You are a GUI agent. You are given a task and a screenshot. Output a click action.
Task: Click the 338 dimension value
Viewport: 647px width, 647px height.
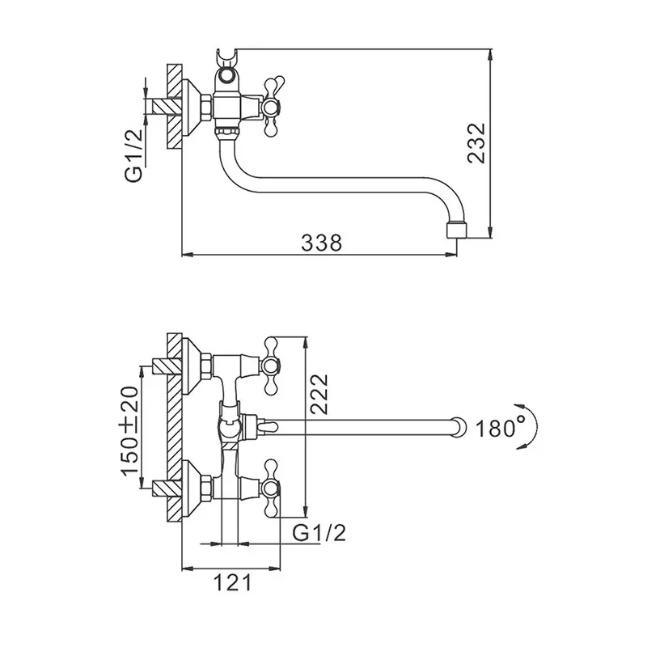pyautogui.click(x=321, y=243)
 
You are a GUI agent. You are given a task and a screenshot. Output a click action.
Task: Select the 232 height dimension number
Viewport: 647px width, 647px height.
pyautogui.click(x=476, y=143)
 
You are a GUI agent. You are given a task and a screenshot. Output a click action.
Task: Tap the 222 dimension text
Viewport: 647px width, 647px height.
pyautogui.click(x=319, y=393)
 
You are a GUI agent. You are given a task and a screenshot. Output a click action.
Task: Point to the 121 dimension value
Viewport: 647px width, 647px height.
pyautogui.click(x=232, y=584)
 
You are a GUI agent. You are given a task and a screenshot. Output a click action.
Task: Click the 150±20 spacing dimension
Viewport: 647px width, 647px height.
pyautogui.click(x=131, y=430)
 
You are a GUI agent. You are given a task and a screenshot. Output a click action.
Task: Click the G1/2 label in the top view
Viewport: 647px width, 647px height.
pyautogui.click(x=133, y=154)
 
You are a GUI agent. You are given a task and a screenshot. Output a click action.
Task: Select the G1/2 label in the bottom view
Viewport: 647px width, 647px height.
pyautogui.click(x=319, y=533)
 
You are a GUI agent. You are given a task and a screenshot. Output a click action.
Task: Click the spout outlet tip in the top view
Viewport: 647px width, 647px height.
pyautogui.click(x=457, y=230)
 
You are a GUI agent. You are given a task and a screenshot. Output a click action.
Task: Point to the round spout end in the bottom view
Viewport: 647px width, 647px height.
pyautogui.click(x=459, y=428)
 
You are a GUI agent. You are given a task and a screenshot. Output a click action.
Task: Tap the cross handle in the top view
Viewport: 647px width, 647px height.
pyautogui.click(x=273, y=107)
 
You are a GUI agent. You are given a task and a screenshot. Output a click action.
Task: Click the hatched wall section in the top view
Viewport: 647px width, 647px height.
pyautogui.click(x=175, y=107)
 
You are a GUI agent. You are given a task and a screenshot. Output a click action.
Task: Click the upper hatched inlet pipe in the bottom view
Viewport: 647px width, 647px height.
pyautogui.click(x=167, y=366)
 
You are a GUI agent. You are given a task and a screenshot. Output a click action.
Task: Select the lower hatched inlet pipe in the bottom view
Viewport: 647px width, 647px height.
pyautogui.click(x=167, y=489)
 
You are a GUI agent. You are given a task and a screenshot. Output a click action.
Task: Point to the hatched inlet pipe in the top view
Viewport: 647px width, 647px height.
pyautogui.click(x=167, y=107)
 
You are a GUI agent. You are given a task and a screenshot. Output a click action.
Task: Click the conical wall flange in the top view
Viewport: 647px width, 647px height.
pyautogui.click(x=192, y=107)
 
